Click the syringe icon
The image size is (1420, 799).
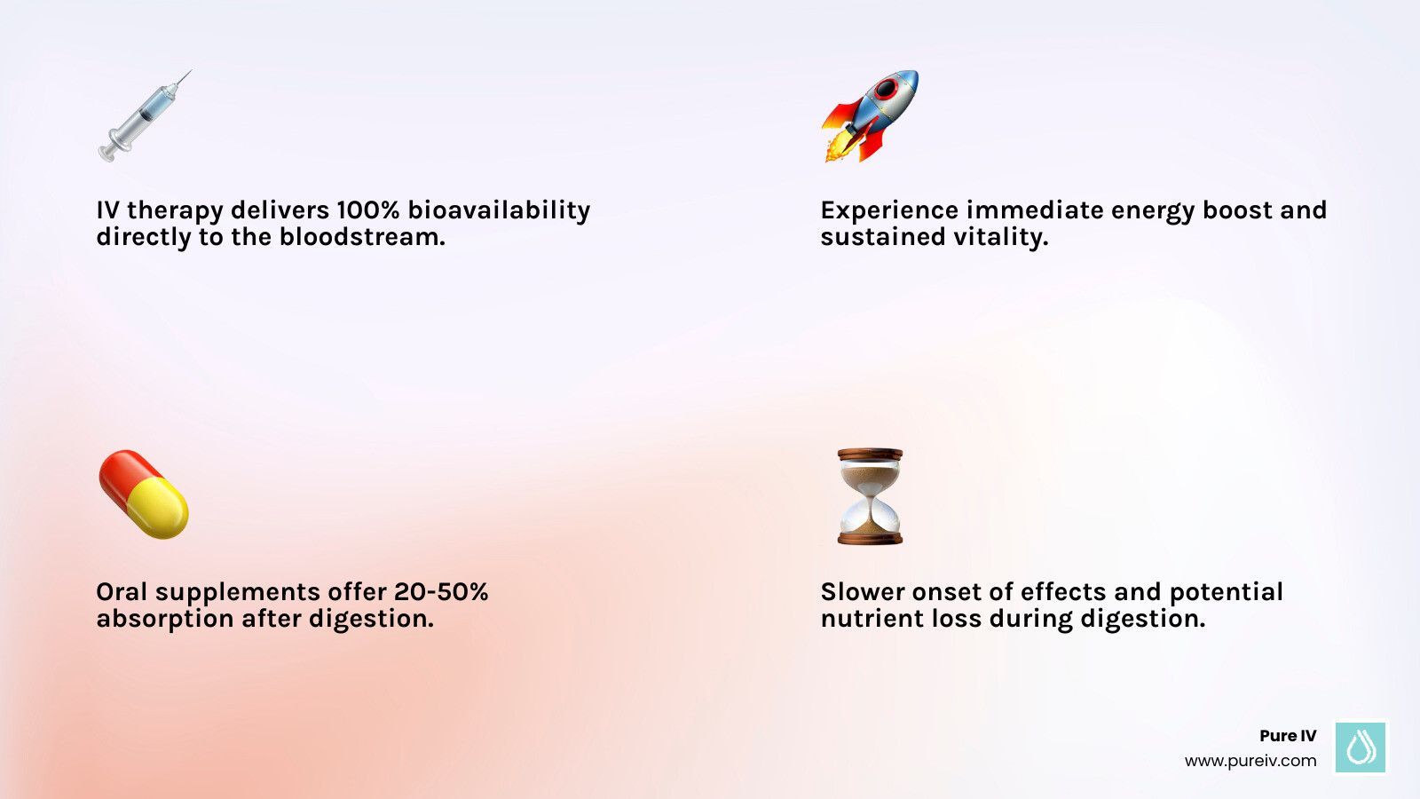pos(145,116)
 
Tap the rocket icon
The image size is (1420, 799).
pos(869,116)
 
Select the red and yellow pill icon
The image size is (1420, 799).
pos(144,494)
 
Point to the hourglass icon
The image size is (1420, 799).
pos(870,496)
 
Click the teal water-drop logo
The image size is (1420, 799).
pos(1361,747)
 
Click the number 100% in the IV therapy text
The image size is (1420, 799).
pos(367,210)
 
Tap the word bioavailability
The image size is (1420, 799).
pos(499,210)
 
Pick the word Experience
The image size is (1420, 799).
pos(889,210)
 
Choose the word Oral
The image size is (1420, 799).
pos(122,592)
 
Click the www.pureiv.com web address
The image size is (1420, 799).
pos(1250,761)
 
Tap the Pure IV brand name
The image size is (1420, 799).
pos(1288,736)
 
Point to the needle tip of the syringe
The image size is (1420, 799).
pos(188,73)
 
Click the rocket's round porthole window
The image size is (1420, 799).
pos(887,89)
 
